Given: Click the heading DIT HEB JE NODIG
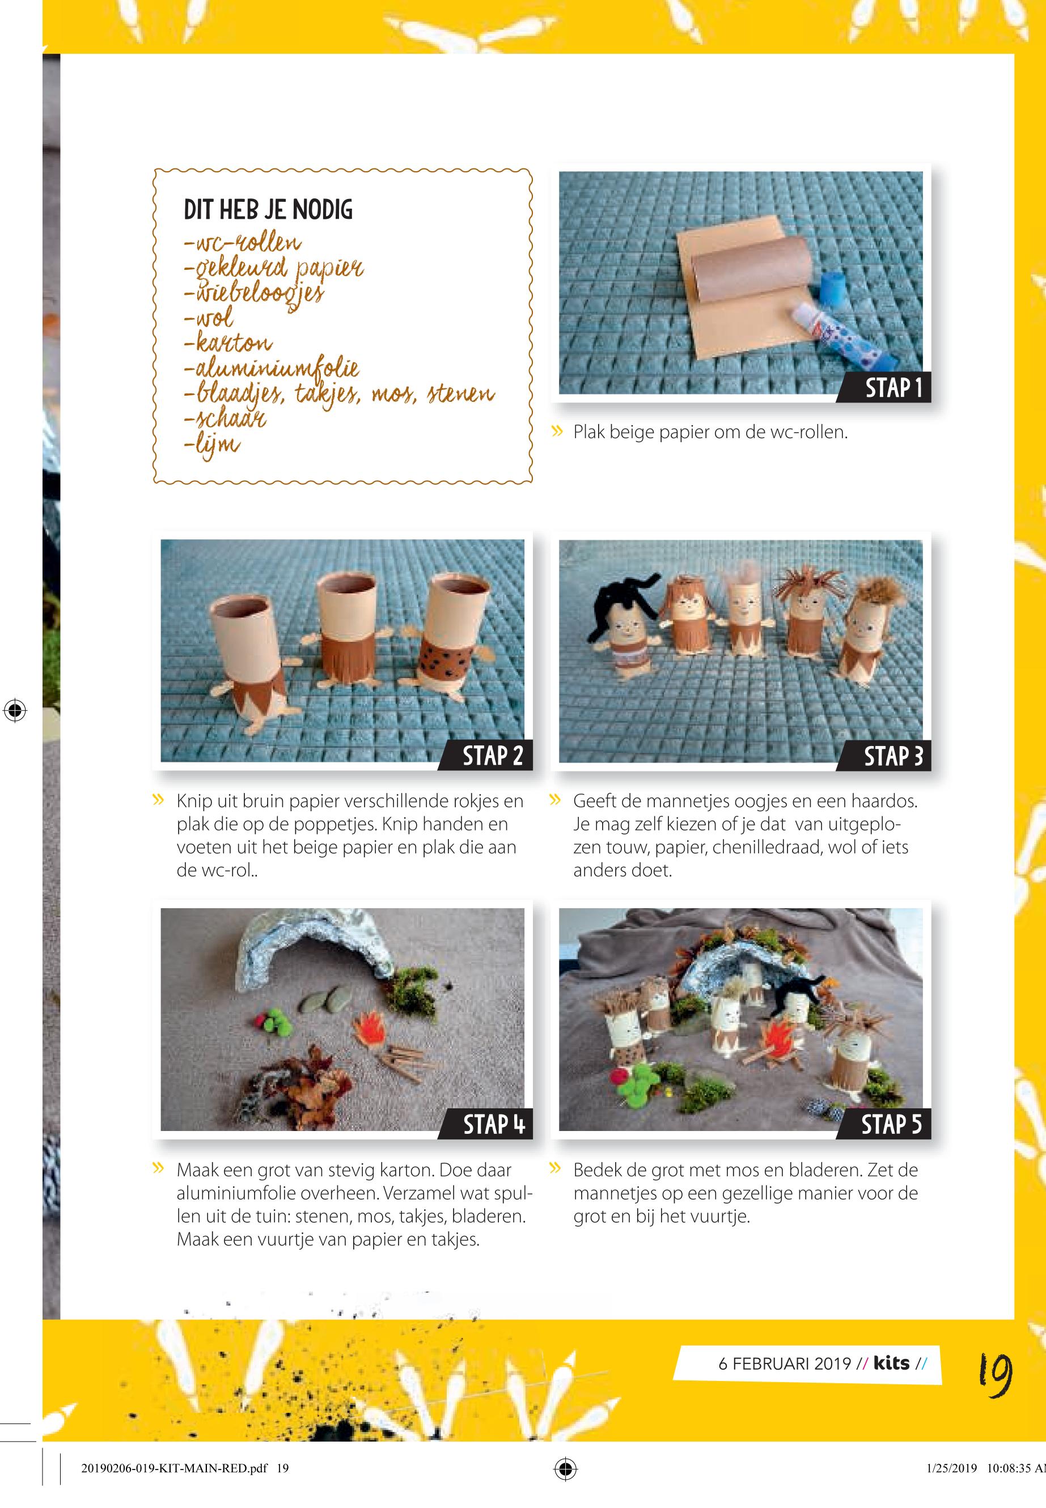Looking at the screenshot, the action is point(268,210).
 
